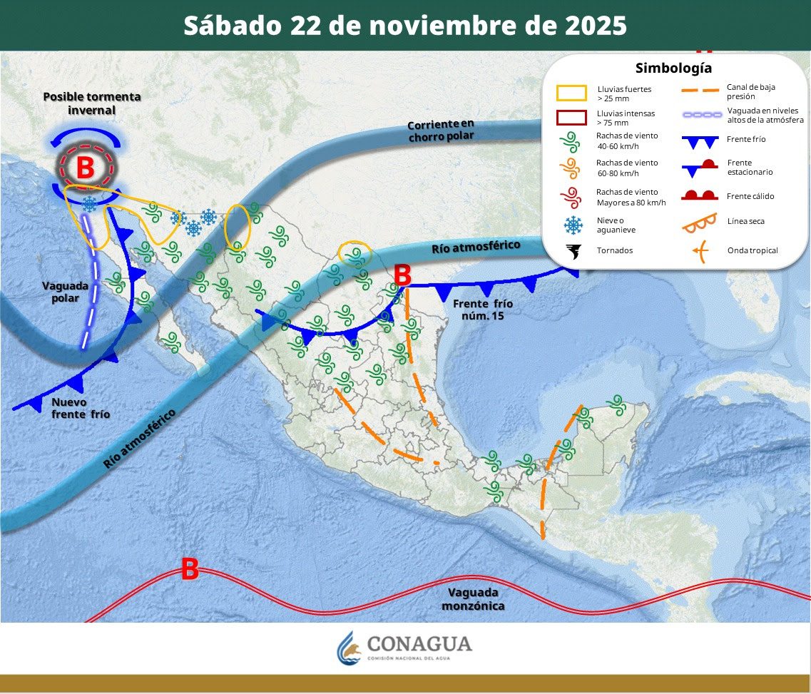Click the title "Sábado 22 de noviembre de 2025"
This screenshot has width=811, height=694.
[405, 26]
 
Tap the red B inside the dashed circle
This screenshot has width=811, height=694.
[85, 168]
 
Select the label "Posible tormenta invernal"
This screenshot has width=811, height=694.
[92, 103]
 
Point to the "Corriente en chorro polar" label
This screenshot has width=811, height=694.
[441, 130]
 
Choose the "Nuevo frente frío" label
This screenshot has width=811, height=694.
[81, 408]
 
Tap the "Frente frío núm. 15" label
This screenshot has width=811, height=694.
[483, 309]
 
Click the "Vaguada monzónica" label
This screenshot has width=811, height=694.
[473, 599]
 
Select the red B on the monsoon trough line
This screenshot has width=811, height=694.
[189, 569]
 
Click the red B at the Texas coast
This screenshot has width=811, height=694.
[402, 275]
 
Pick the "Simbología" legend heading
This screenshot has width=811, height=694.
[673, 68]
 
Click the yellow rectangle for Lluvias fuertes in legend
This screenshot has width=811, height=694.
[571, 93]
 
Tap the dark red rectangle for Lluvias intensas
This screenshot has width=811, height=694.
[571, 118]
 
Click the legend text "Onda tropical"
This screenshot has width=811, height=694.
[753, 250]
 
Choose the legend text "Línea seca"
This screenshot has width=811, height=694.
[745, 221]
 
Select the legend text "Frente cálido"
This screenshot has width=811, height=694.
[750, 196]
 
